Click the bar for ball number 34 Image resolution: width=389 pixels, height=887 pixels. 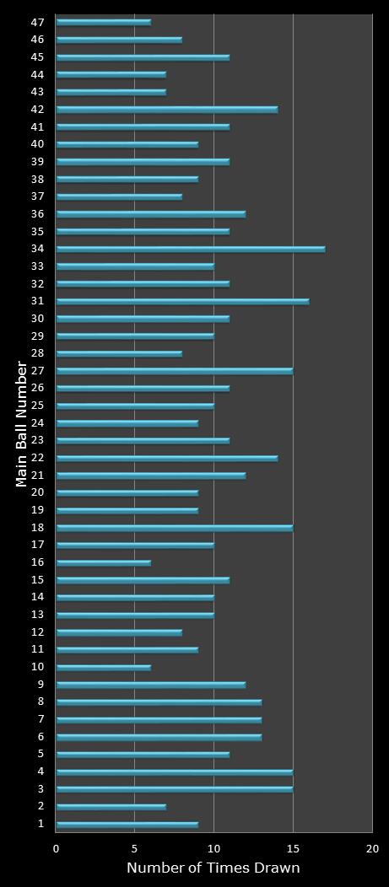coord(190,249)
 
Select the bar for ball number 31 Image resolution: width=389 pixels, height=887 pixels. coord(182,301)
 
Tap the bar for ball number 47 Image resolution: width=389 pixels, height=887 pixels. coord(103,22)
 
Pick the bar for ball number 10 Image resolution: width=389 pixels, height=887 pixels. coord(103,667)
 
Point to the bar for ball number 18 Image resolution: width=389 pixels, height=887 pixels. coord(174,528)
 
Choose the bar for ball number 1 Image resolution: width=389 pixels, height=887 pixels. coord(127,824)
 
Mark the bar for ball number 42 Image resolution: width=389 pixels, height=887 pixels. coord(166,110)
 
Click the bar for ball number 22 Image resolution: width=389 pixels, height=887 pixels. coord(166,458)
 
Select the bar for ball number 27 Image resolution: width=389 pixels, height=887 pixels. coord(174,371)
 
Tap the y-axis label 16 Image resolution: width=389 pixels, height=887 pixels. coord(37,562)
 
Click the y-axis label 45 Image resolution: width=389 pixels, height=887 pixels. coord(37,57)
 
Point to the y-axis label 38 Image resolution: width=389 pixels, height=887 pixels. coord(37,179)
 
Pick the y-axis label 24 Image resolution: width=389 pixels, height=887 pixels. coord(37,423)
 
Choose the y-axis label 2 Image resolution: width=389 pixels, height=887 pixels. coord(41,807)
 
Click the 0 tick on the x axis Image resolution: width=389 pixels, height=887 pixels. coord(57,848)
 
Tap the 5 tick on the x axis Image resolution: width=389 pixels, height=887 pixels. coord(135,848)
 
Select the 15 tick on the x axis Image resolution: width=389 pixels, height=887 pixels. coord(293,848)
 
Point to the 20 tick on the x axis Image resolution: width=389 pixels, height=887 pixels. coord(371,848)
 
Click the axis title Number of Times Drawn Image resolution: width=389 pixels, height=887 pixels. coord(213,868)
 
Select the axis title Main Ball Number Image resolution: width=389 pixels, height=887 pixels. coord(22,423)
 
